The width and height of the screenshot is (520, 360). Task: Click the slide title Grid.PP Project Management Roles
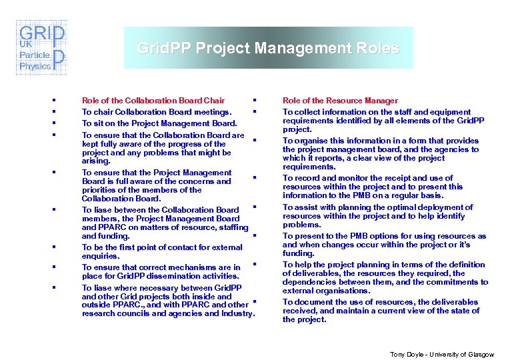267,48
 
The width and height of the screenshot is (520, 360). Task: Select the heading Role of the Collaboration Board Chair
153,101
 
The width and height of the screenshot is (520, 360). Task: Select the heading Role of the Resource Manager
340,101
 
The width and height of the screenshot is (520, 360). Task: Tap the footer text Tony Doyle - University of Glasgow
442,353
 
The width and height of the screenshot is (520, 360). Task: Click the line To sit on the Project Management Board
159,123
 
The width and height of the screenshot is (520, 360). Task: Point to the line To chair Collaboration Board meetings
157,112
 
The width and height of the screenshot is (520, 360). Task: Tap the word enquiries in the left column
101,256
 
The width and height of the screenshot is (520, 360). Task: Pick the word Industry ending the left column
237,313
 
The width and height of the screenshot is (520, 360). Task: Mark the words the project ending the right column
305,319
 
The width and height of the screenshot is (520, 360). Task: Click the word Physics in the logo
35,66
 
